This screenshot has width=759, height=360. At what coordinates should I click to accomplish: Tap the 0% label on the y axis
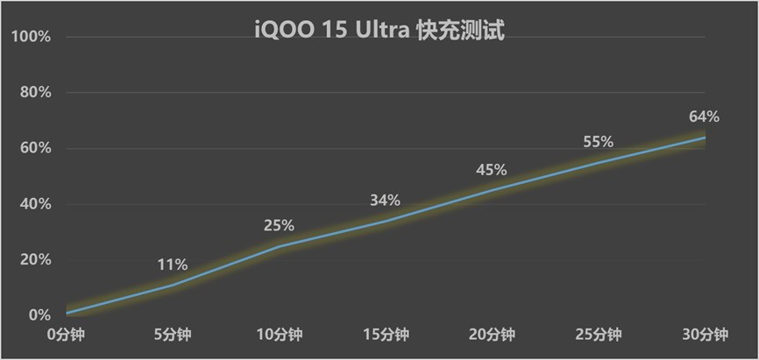point(39,315)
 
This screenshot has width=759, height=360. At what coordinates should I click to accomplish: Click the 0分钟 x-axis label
point(66,335)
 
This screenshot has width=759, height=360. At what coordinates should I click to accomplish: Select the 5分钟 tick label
point(173,335)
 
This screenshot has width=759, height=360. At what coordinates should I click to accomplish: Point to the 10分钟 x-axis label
point(279,335)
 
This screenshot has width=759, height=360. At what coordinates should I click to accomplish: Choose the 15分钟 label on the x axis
point(386,335)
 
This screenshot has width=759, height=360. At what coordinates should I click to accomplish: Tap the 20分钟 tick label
point(492,335)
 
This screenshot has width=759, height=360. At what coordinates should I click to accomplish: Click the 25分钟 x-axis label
point(599,335)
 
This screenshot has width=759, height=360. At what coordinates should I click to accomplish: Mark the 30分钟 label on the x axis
point(705,335)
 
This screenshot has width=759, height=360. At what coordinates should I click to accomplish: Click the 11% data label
point(173,265)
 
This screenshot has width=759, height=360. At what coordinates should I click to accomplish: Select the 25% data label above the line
point(279,226)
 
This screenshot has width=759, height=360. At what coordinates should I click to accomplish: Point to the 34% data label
point(386,201)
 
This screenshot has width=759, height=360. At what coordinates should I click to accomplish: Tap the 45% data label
point(492,170)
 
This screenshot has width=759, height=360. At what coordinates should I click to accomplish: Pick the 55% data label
point(599,142)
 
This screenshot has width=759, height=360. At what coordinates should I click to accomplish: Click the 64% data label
point(705,116)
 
